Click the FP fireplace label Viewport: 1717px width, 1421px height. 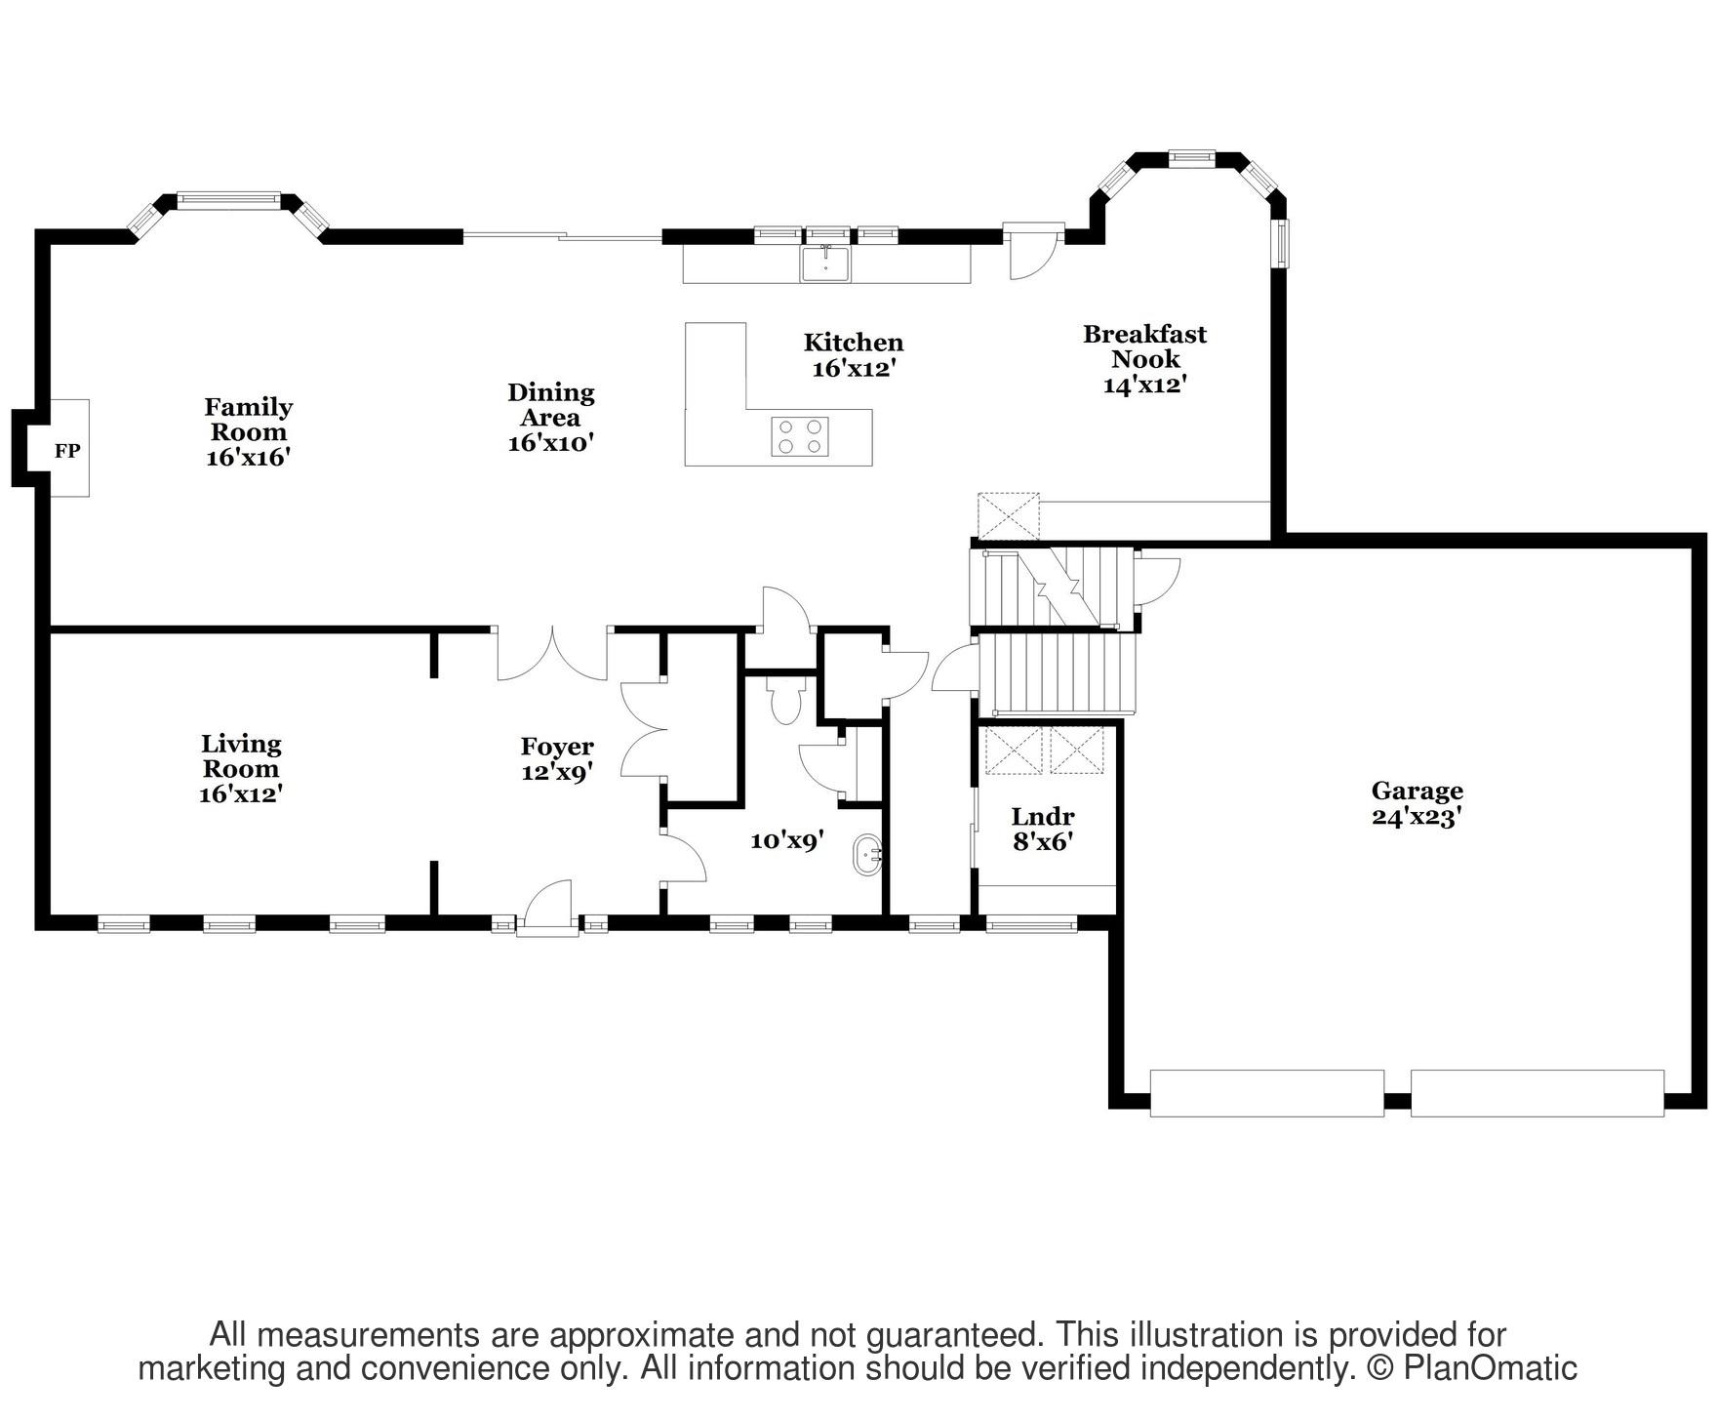coord(67,451)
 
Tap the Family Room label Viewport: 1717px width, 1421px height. coord(249,420)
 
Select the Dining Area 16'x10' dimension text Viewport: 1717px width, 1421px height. coord(551,443)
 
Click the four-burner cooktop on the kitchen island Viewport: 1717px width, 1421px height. coord(800,436)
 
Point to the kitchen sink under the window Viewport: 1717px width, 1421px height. coord(826,263)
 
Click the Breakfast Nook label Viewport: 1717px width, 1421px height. coord(1145,346)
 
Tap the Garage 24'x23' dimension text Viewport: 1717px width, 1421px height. coord(1416,817)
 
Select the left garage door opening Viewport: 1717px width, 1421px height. coord(1267,1093)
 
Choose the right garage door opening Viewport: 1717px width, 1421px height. coord(1537,1093)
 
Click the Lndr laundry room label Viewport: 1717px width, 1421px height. coord(1043,816)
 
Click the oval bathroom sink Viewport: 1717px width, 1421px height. coord(866,856)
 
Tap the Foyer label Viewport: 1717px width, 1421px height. coord(557,748)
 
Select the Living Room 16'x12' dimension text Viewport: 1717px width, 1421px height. coord(241,794)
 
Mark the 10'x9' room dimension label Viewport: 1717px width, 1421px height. coord(787,839)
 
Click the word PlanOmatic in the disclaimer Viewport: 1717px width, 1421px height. coord(1491,1368)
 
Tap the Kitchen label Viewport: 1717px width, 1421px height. coord(854,343)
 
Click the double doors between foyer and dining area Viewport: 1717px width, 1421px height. coord(553,654)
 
